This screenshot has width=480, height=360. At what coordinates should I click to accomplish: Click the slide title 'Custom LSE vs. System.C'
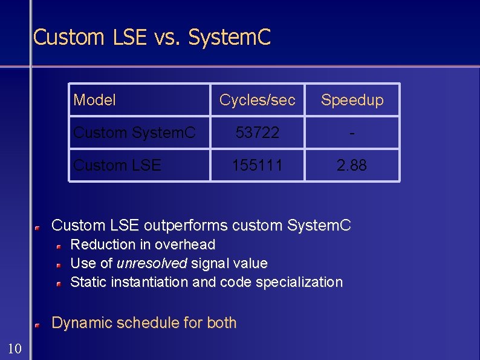pyautogui.click(x=152, y=38)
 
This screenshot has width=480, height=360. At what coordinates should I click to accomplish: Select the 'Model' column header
pyautogui.click(x=94, y=100)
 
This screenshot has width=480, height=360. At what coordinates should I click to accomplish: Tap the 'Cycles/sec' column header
pyautogui.click(x=258, y=100)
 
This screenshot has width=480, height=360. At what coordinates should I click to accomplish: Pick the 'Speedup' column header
pyautogui.click(x=352, y=100)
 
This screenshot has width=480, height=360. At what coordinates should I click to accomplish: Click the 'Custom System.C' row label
pyautogui.click(x=134, y=133)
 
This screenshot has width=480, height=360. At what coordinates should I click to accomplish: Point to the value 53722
pyautogui.click(x=258, y=133)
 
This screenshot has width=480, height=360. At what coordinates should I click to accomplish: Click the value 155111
pyautogui.click(x=258, y=165)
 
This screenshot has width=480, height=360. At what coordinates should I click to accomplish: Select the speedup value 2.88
pyautogui.click(x=352, y=165)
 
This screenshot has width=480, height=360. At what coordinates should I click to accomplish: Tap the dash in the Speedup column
pyautogui.click(x=352, y=133)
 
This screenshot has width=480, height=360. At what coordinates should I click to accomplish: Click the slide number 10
pyautogui.click(x=15, y=348)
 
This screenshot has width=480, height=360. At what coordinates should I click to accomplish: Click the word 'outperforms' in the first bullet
pyautogui.click(x=184, y=226)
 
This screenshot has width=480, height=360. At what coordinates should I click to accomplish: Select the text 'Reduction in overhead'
pyautogui.click(x=143, y=244)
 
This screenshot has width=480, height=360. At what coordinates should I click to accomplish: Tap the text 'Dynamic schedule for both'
pyautogui.click(x=144, y=323)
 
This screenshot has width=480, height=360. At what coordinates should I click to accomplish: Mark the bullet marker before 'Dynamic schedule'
pyautogui.click(x=37, y=325)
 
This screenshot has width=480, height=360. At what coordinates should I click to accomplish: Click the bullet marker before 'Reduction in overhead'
pyautogui.click(x=60, y=246)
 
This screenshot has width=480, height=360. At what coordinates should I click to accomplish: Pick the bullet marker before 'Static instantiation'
pyautogui.click(x=60, y=284)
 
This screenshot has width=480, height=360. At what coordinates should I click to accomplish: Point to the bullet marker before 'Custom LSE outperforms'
pyautogui.click(x=37, y=227)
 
